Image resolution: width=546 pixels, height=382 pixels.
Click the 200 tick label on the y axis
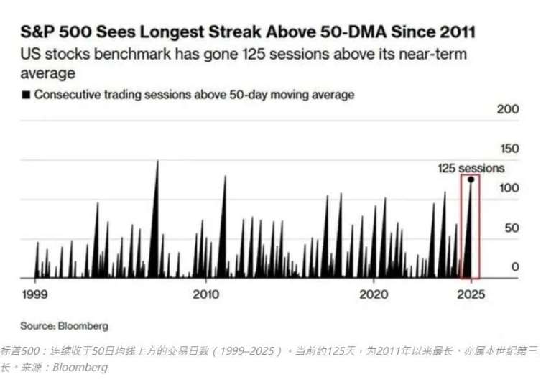click(x=508, y=109)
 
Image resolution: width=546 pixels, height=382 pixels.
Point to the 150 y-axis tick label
click(x=508, y=149)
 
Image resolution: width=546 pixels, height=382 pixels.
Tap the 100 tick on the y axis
click(x=508, y=188)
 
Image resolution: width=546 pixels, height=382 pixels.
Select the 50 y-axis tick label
click(x=510, y=228)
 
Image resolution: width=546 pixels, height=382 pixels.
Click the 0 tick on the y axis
click(x=514, y=267)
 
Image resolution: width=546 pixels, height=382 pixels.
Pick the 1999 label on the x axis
click(x=34, y=294)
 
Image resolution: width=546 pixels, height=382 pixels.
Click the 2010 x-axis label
click(x=205, y=294)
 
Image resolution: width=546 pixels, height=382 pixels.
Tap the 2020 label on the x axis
click(x=374, y=294)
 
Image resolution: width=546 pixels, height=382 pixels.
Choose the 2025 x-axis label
click(x=471, y=294)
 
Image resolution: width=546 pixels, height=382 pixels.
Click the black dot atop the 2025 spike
click(x=471, y=180)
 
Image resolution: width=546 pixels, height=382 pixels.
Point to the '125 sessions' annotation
click(x=471, y=168)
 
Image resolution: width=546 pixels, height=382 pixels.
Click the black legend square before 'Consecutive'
click(x=27, y=94)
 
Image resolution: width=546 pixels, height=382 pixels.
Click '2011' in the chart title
click(x=455, y=32)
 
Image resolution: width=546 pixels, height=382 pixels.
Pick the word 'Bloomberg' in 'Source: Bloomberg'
click(x=83, y=326)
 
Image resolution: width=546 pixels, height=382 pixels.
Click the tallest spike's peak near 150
click(x=157, y=161)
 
